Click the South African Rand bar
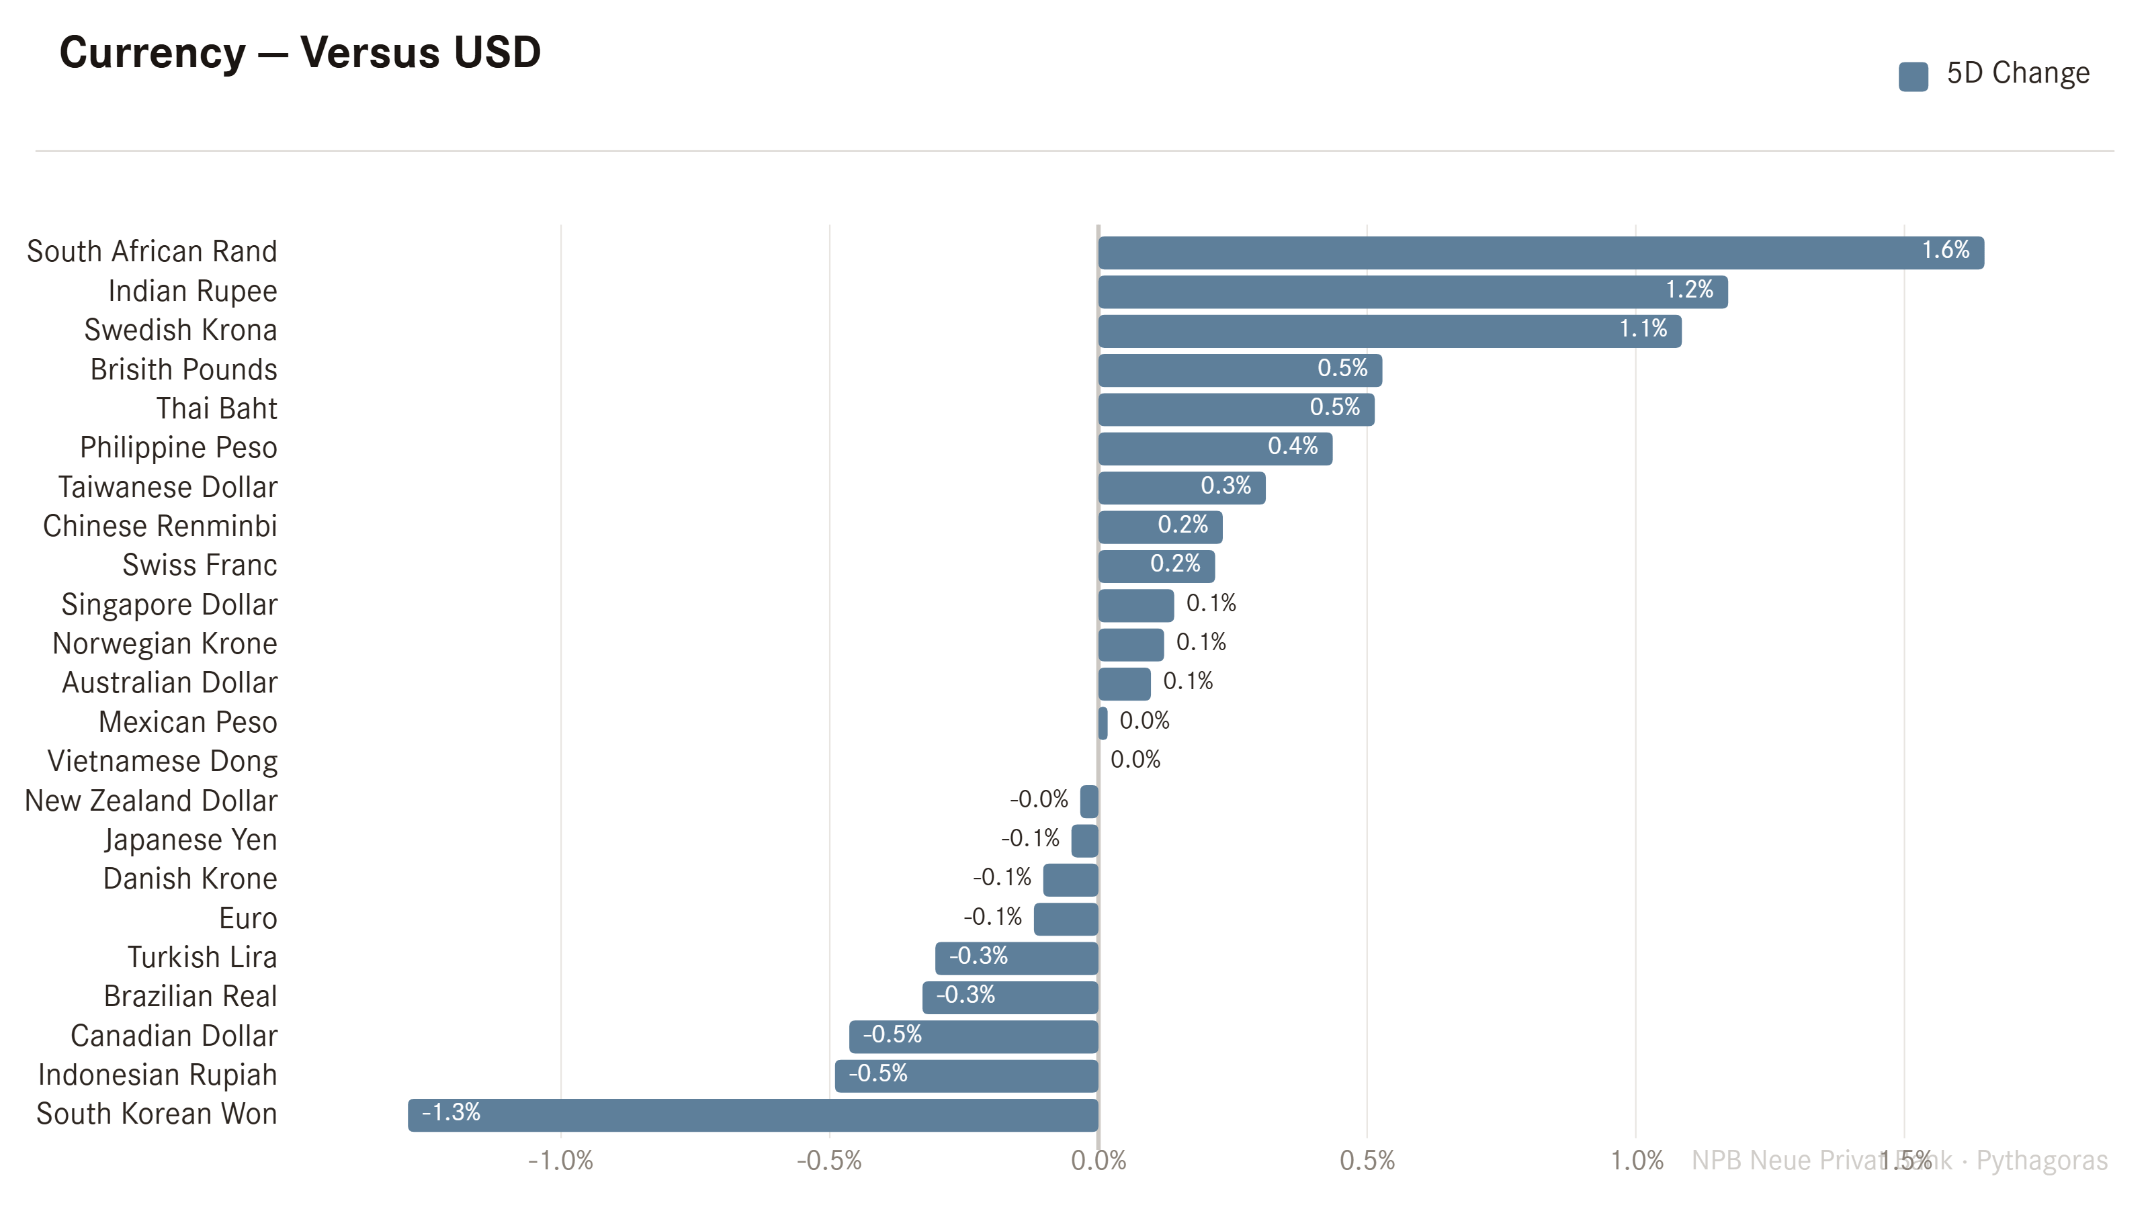[1541, 253]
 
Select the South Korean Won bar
[752, 1116]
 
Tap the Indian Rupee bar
[1413, 292]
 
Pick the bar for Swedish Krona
[1389, 331]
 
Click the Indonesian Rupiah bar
[967, 1076]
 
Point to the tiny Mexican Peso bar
[1103, 723]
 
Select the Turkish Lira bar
[1017, 958]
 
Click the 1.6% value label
[1946, 251]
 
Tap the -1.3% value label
[451, 1113]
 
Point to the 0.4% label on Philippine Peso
[1293, 447]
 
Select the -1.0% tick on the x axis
[560, 1161]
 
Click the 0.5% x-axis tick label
[1367, 1161]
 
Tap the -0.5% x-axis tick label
[829, 1161]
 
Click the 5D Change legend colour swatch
[1913, 76]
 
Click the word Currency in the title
[153, 54]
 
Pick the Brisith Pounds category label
[183, 369]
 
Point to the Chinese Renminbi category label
[161, 527]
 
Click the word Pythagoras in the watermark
[2042, 1161]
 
